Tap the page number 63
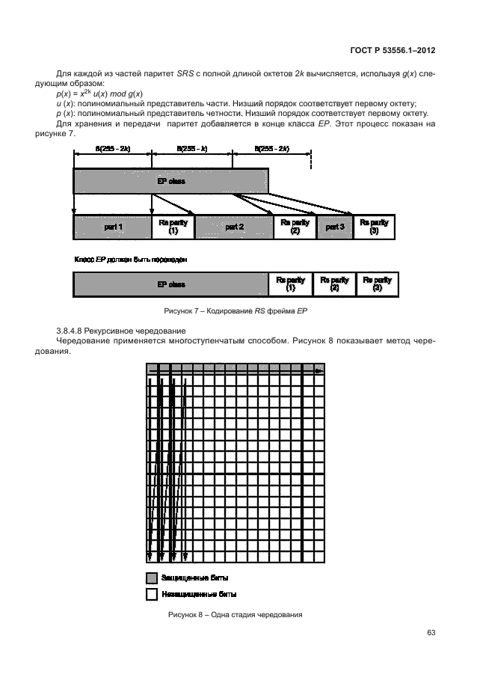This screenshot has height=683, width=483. (x=431, y=633)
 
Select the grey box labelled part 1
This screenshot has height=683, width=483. (x=111, y=227)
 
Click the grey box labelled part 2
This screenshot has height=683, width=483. (x=234, y=227)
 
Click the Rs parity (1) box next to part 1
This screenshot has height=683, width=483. (x=173, y=227)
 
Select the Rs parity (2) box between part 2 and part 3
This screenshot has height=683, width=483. (x=295, y=227)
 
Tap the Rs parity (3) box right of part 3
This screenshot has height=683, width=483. (x=374, y=227)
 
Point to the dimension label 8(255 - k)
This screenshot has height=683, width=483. (x=191, y=150)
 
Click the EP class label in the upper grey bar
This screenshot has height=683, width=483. (x=170, y=181)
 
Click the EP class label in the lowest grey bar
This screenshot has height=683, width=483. (x=170, y=284)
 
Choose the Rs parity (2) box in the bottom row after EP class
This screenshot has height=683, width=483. (x=334, y=284)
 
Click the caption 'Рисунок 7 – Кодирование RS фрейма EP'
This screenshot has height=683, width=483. (x=236, y=311)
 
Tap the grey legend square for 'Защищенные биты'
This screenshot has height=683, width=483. (x=151, y=578)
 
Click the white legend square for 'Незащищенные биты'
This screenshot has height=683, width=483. (x=151, y=594)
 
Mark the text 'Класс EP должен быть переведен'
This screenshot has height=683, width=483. (x=130, y=260)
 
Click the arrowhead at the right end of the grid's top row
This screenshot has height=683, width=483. (x=319, y=370)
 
